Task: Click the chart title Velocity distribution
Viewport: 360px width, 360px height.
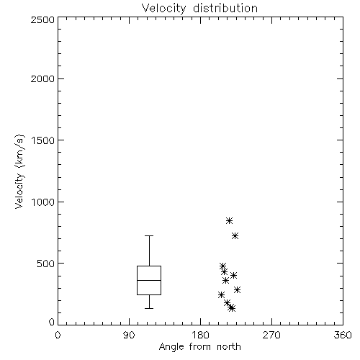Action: (199, 9)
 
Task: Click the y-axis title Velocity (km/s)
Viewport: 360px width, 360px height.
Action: (19, 171)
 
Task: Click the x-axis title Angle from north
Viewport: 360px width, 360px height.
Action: (199, 347)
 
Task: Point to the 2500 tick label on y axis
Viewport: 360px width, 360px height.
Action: (42, 19)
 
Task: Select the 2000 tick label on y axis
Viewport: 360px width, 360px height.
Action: (42, 78)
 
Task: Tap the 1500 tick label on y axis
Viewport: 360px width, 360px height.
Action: (43, 140)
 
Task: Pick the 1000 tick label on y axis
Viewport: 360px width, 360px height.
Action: (43, 202)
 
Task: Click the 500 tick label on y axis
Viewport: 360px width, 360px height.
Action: (46, 264)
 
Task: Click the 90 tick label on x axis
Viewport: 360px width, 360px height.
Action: (129, 335)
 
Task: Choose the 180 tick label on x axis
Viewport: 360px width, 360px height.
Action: (200, 335)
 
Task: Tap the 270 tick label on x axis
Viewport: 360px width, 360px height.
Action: (271, 335)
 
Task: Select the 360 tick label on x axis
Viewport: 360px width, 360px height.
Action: (343, 335)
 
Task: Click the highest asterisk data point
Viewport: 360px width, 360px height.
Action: (229, 220)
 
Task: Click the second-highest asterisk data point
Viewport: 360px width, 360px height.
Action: (235, 235)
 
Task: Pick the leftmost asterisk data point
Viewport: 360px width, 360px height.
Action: (221, 294)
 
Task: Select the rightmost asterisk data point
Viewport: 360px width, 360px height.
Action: (237, 289)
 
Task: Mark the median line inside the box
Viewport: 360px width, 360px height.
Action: (149, 280)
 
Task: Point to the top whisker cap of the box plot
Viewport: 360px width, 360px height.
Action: (149, 236)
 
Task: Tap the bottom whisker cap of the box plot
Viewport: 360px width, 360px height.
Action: (149, 308)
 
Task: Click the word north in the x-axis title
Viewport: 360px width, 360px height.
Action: (229, 347)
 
